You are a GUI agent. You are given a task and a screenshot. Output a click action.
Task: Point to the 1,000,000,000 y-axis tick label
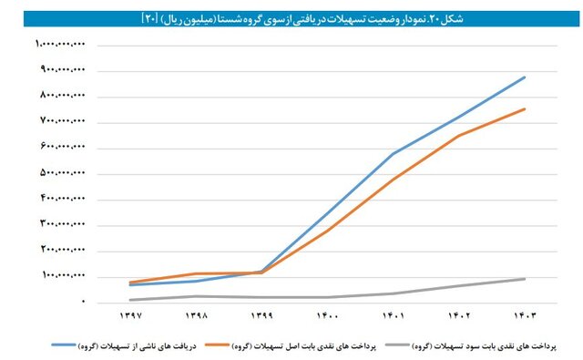pyautogui.click(x=61, y=44)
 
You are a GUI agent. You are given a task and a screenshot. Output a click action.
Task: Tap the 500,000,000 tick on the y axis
pyautogui.click(x=63, y=173)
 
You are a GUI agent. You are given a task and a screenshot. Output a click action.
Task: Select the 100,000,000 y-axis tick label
pyautogui.click(x=63, y=275)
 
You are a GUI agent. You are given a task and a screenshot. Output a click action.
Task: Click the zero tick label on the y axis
pyautogui.click(x=83, y=301)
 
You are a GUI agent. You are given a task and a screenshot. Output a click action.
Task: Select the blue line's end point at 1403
pyautogui.click(x=525, y=77)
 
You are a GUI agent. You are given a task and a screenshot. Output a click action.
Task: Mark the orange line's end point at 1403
pyautogui.click(x=525, y=109)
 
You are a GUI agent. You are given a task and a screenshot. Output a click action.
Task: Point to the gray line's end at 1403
pyautogui.click(x=525, y=279)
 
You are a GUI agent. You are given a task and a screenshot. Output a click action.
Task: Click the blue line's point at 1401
pyautogui.click(x=394, y=153)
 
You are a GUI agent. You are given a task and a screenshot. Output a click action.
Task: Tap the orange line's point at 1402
pyautogui.click(x=459, y=136)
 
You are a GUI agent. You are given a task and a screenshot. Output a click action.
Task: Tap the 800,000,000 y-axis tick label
pyautogui.click(x=63, y=96)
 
